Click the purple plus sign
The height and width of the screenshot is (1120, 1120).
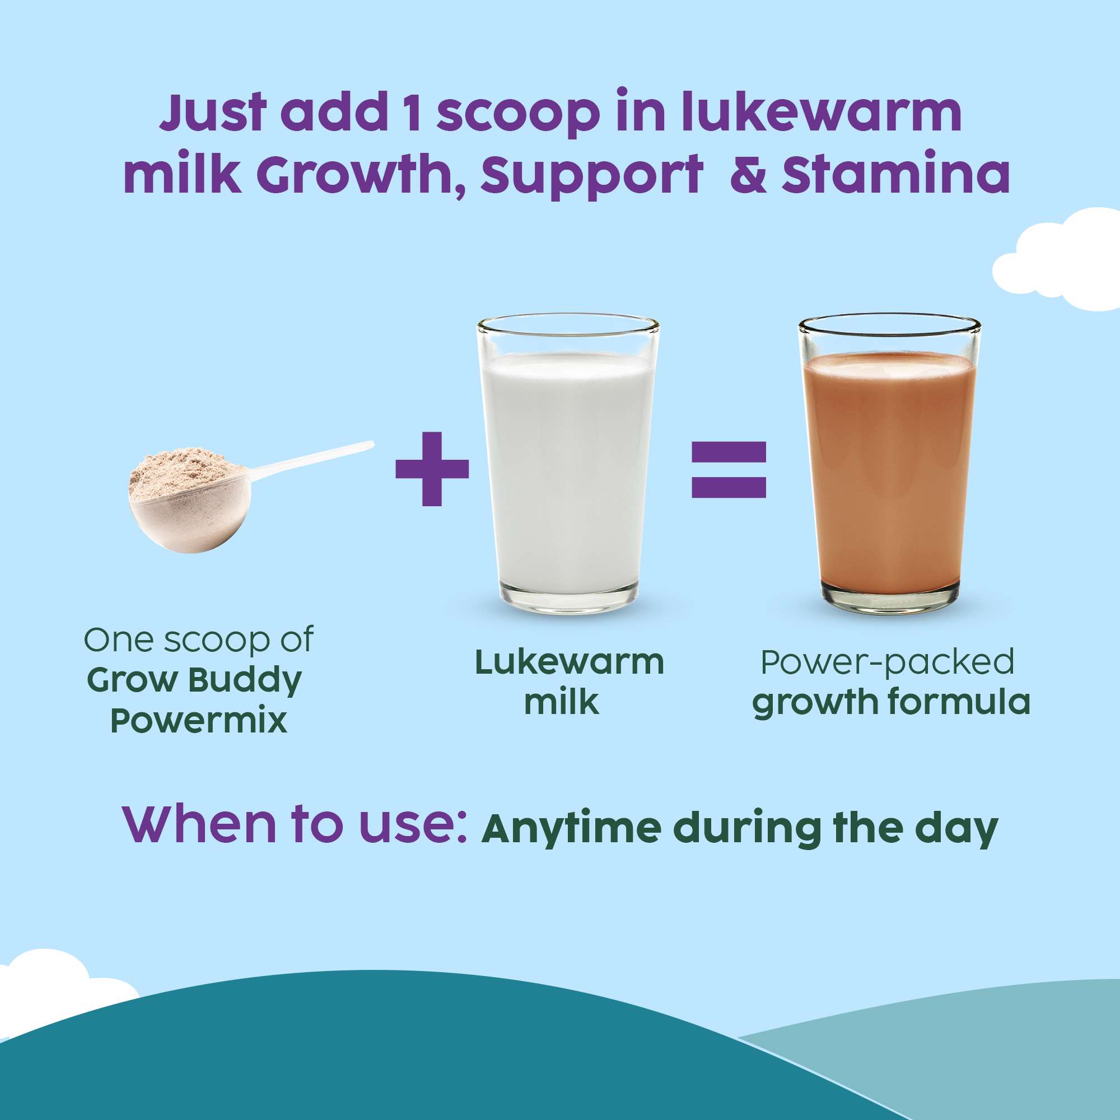(432, 468)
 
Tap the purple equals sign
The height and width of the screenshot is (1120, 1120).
(729, 470)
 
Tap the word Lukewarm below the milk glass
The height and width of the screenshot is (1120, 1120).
(570, 662)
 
